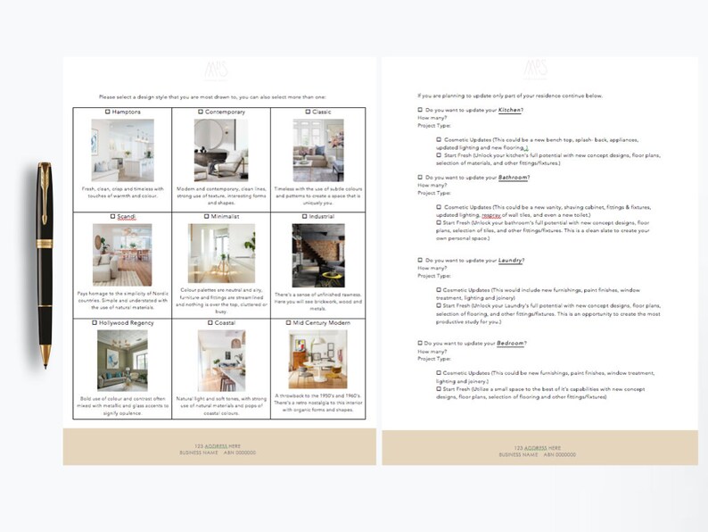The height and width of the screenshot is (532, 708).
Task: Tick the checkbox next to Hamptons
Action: point(108,112)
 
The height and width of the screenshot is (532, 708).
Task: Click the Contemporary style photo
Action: point(220,150)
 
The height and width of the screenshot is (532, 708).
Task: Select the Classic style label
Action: point(321,112)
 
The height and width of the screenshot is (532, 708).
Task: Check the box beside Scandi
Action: point(111,216)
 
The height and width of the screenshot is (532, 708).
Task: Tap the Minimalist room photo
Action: point(220,254)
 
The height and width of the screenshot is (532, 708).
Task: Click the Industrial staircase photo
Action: point(318,254)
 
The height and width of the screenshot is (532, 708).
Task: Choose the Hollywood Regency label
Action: point(127,322)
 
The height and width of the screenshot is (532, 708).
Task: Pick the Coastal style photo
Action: point(220,360)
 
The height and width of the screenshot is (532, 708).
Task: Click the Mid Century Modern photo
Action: point(318,360)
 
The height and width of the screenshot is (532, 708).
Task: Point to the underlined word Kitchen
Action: point(510,110)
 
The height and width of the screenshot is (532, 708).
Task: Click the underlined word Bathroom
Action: point(514,177)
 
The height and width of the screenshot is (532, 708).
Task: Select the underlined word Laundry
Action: point(510,260)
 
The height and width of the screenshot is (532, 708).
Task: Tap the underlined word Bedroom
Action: point(512,343)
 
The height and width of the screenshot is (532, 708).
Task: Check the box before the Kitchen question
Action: point(420,110)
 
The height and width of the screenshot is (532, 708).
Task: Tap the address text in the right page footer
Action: point(538,447)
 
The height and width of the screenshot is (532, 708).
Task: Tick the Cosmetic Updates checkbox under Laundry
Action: point(439,289)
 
